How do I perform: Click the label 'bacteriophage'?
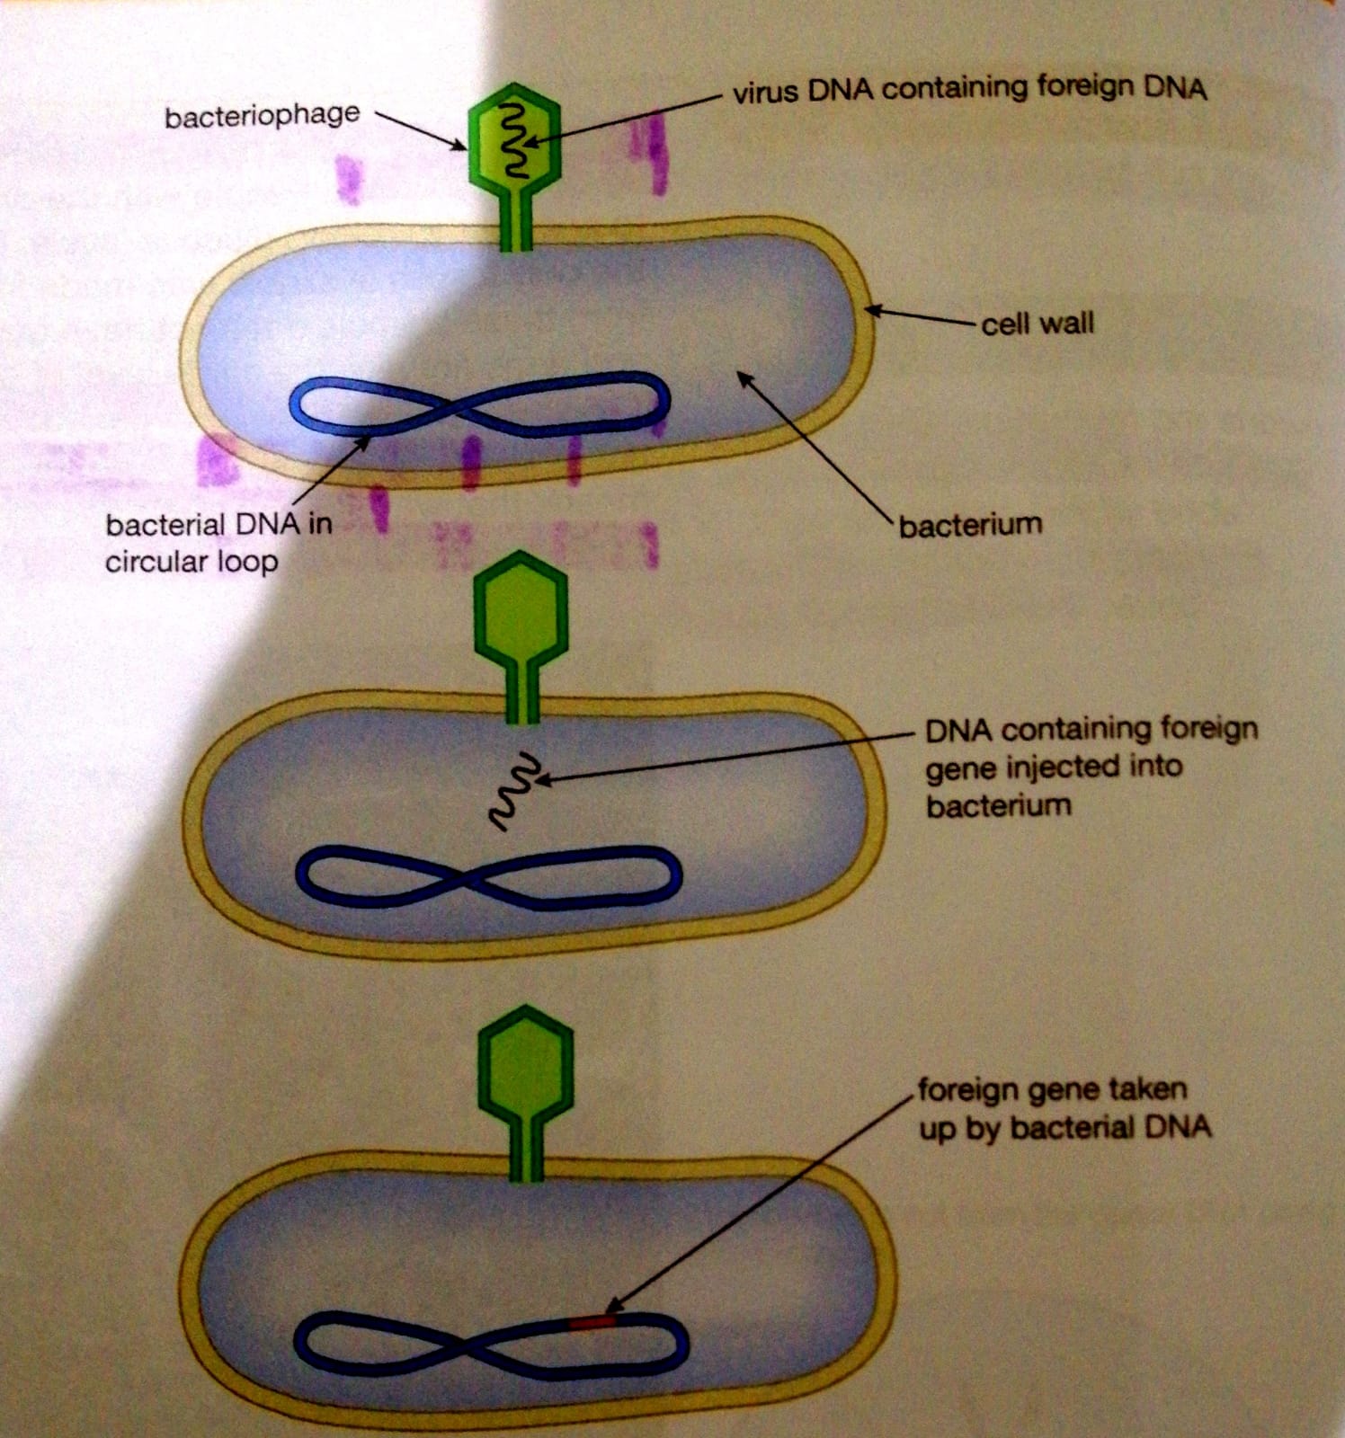[x=262, y=116]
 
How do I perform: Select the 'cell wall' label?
[x=1038, y=323]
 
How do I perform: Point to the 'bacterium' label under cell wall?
[x=970, y=524]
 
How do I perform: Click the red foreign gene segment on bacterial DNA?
[x=592, y=1321]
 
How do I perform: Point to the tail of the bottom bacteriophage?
[x=526, y=1150]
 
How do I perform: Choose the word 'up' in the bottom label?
[x=937, y=1129]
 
